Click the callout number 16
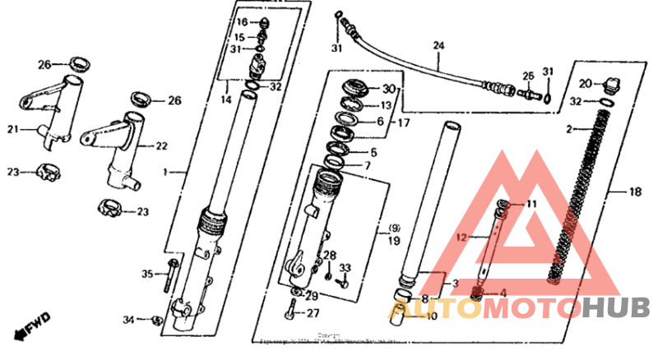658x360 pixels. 242,21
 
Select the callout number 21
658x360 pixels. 12,128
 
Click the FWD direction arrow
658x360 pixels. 31,325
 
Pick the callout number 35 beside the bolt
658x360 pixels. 147,274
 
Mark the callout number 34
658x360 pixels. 127,319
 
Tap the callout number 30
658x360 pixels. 389,89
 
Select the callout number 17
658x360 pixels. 403,123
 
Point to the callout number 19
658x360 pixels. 394,242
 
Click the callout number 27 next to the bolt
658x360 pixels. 313,313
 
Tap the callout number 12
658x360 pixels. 461,238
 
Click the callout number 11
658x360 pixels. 531,204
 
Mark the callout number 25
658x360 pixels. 528,76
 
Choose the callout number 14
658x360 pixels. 225,99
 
